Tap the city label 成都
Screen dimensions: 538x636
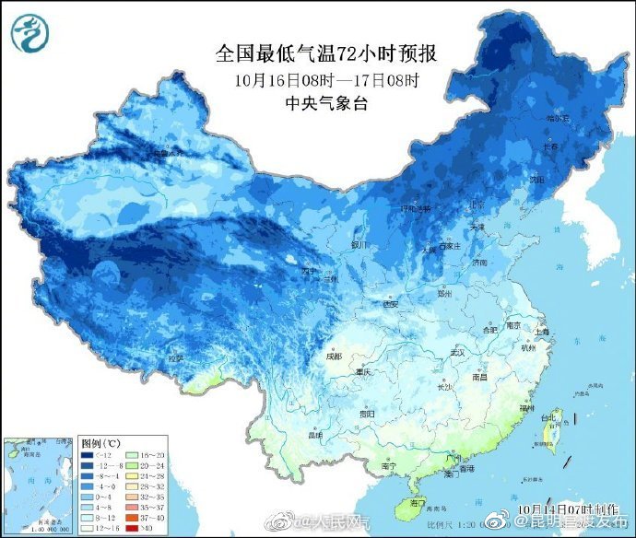click(x=333, y=356)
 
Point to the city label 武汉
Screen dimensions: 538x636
click(x=455, y=351)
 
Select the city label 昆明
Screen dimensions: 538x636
click(x=316, y=434)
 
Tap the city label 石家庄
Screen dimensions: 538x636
click(x=451, y=246)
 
